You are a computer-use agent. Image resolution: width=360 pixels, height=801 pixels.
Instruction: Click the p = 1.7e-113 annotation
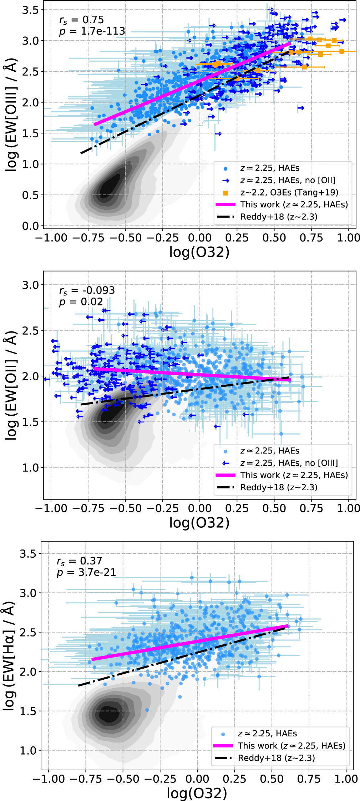tap(92, 31)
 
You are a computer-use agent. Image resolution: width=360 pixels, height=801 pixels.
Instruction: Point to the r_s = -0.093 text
tap(87, 290)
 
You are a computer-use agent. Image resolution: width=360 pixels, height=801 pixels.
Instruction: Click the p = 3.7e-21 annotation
tap(86, 573)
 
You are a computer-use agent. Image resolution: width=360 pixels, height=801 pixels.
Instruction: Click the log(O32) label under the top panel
tap(199, 252)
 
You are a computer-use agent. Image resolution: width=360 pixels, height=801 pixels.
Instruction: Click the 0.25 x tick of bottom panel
tap(234, 779)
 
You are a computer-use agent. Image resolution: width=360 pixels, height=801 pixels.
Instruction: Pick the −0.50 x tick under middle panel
tap(125, 508)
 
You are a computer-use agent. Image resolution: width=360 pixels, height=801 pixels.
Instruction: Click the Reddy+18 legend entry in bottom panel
tap(276, 758)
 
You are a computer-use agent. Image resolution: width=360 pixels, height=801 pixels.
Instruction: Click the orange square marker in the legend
tap(225, 193)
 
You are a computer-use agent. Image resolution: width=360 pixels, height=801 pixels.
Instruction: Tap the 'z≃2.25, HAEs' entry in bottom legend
tap(267, 734)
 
